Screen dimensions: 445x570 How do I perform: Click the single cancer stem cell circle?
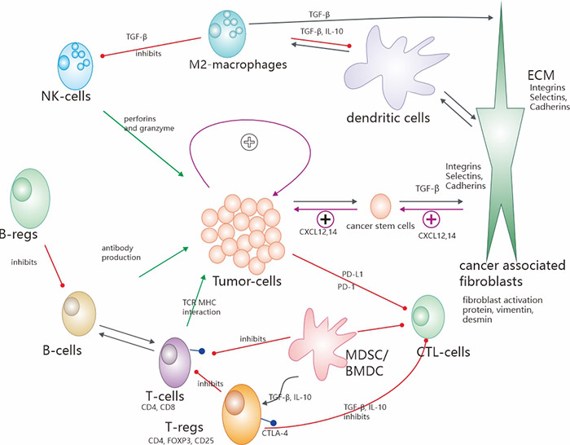pos(384,206)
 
